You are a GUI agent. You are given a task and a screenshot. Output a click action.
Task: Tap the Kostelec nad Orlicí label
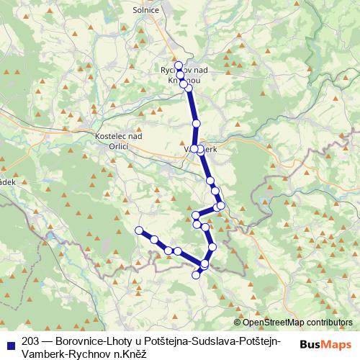point(118,140)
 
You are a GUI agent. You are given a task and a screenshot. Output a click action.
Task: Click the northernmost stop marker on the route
point(179,66)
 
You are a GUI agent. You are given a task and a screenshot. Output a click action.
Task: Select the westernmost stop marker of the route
point(140,230)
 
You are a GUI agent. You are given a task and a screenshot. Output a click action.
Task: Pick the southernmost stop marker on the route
point(195,275)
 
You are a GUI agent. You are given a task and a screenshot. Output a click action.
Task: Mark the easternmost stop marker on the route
point(221,206)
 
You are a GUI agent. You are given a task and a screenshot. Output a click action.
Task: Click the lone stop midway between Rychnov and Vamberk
point(195,124)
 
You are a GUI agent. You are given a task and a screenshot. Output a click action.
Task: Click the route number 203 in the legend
point(30,341)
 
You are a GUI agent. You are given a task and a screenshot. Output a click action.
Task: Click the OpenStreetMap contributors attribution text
point(297,323)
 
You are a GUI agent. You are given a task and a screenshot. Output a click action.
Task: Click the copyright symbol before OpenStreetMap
point(238,323)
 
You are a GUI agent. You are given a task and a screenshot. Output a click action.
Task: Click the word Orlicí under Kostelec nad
point(117,145)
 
